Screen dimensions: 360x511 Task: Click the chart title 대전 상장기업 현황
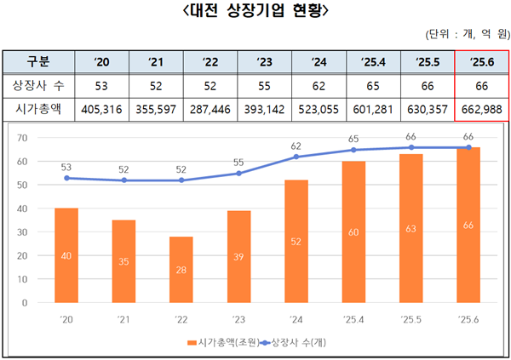click(x=255, y=12)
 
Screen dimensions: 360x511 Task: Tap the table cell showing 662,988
click(x=481, y=110)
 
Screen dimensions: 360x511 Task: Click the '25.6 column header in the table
click(x=481, y=61)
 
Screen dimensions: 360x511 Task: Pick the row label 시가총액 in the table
click(x=38, y=110)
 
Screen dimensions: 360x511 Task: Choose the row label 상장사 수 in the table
click(x=38, y=86)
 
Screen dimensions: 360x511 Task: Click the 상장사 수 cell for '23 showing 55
click(x=263, y=86)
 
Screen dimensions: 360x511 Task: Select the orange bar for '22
click(x=181, y=269)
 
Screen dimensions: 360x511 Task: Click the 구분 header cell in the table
click(x=38, y=61)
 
